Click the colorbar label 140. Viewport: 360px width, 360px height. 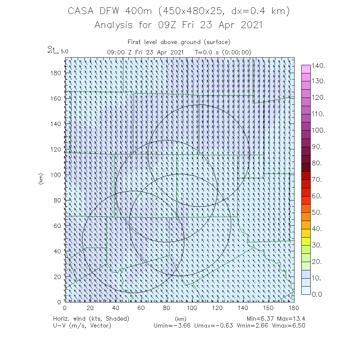[x=319, y=66]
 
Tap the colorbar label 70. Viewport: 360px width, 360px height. [x=319, y=180]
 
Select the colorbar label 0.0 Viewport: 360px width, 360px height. [x=319, y=294]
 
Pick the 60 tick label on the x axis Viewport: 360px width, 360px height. [x=141, y=308]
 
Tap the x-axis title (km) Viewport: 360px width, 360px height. [x=180, y=319]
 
